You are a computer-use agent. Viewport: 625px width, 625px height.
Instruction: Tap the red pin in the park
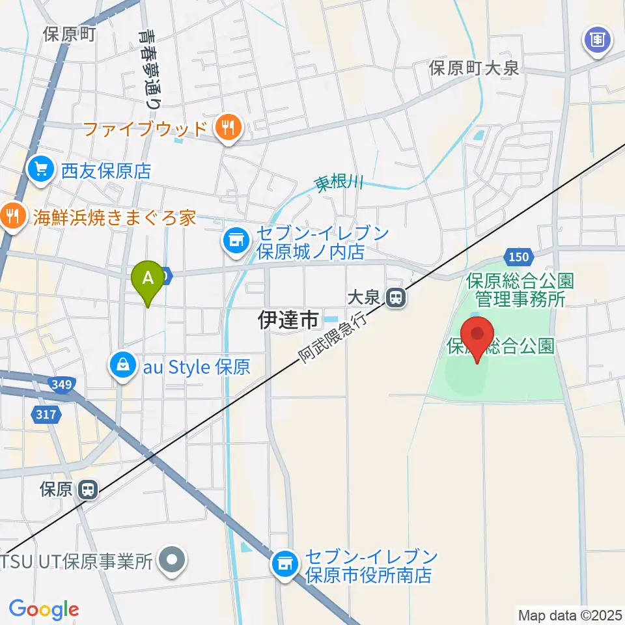(479, 336)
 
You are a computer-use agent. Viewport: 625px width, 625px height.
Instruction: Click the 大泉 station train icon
(395, 298)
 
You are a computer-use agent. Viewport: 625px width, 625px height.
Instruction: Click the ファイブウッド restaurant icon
(228, 127)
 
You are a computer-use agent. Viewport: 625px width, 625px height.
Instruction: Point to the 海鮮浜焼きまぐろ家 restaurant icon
(12, 217)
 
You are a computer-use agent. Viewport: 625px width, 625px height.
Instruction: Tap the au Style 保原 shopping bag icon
(123, 367)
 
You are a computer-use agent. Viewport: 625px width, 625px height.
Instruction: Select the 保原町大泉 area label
(473, 68)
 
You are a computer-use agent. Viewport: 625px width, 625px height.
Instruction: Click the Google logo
(44, 609)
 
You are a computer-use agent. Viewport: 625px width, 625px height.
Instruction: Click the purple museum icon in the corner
(598, 40)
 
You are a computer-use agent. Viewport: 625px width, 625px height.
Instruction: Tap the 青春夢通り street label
(149, 68)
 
